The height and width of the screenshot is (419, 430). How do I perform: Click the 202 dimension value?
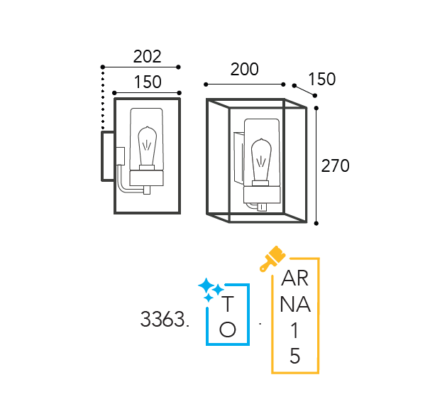147,57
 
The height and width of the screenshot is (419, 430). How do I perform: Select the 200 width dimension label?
244,69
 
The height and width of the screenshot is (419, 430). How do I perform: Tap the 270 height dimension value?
335,165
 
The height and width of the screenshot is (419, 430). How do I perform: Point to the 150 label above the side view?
148,82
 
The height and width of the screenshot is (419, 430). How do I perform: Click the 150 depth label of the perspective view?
322,79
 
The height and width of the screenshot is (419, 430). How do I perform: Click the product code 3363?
165,319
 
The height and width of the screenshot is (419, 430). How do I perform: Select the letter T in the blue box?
228,304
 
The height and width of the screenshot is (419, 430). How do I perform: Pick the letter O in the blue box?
228,330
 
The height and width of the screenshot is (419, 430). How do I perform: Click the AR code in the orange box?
294,278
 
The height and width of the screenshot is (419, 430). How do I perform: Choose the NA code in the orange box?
295,305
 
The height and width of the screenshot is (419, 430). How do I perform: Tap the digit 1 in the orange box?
294,330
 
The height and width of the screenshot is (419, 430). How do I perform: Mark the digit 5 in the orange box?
294,356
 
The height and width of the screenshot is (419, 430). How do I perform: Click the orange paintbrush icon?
272,258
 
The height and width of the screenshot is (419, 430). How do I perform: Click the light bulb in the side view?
148,148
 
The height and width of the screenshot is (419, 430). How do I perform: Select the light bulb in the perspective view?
262,163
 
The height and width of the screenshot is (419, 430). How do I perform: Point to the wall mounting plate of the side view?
108,156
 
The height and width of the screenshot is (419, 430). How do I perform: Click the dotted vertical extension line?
103,98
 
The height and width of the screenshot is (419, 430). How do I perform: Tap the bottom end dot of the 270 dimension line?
316,224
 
